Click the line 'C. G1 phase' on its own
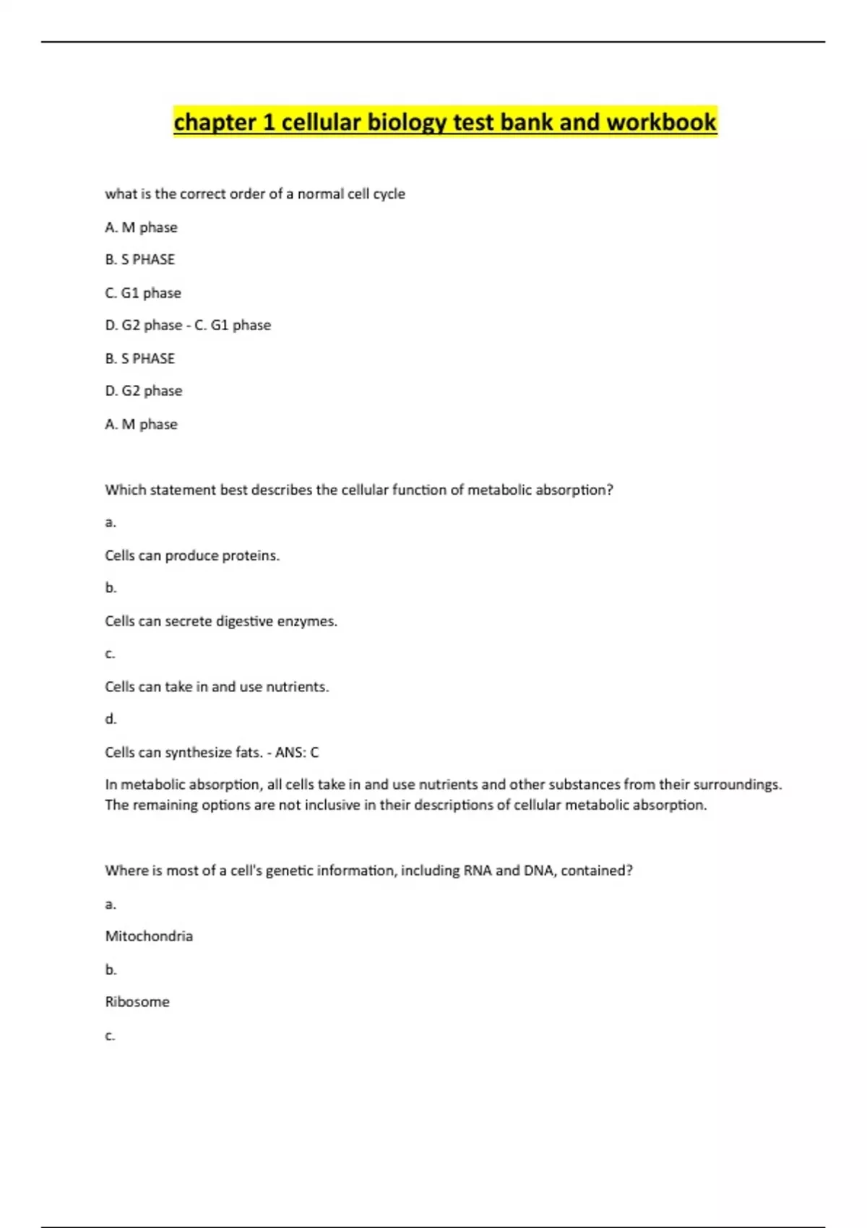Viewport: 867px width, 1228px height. [x=143, y=293]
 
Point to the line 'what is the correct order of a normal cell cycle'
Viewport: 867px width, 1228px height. [x=255, y=194]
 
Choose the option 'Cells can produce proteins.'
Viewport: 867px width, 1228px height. [x=192, y=555]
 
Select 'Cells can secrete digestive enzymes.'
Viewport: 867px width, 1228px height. [x=221, y=621]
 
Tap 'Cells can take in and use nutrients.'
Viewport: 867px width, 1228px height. [x=217, y=687]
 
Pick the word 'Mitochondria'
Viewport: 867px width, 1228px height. [x=149, y=936]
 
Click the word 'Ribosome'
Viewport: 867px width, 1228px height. [x=137, y=1002]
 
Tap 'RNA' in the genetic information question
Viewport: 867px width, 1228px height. [x=478, y=870]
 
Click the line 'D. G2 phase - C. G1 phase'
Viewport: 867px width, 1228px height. [x=188, y=325]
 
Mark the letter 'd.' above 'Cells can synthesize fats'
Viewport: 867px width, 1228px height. [x=111, y=719]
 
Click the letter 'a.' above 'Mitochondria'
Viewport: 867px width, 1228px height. [x=111, y=904]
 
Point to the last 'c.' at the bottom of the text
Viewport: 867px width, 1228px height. [x=110, y=1035]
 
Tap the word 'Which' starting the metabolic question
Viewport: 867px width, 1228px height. [x=125, y=490]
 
